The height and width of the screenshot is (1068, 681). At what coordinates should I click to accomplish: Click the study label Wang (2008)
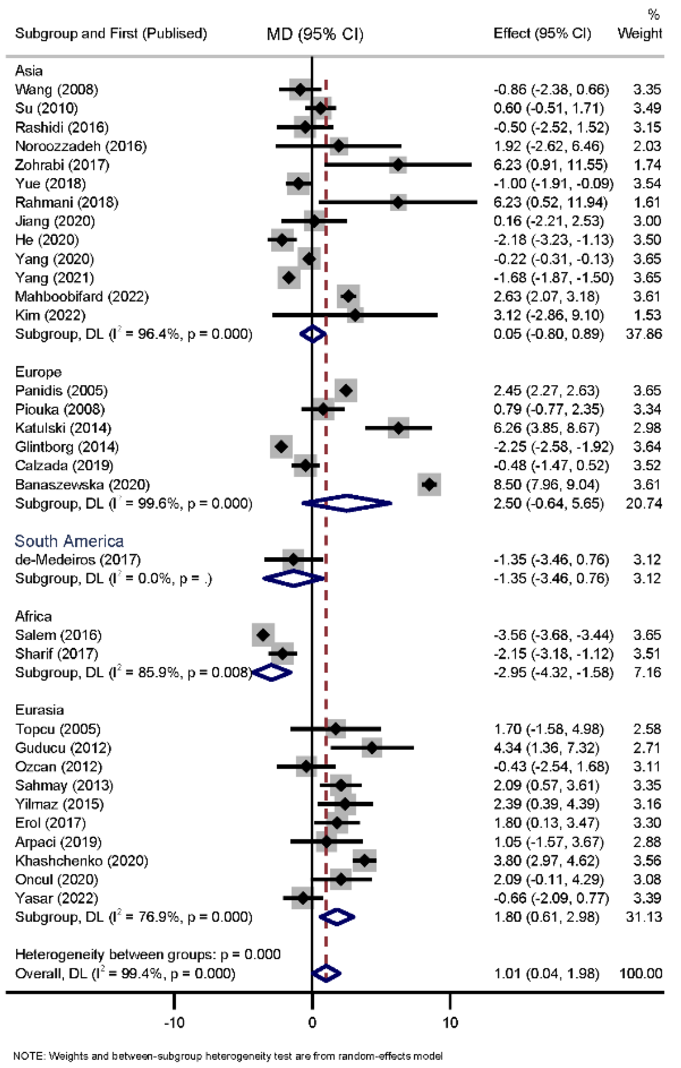(x=56, y=90)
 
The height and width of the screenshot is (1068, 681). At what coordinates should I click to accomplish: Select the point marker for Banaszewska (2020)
(x=429, y=484)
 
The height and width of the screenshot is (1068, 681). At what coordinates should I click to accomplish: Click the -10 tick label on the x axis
(x=174, y=1023)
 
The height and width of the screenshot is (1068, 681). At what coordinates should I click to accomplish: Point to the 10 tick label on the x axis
(x=450, y=1023)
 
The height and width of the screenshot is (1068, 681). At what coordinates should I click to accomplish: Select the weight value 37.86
(x=644, y=334)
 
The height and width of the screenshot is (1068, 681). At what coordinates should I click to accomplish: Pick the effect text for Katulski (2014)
(x=546, y=428)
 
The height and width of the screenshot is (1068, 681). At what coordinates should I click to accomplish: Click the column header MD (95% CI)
(x=315, y=34)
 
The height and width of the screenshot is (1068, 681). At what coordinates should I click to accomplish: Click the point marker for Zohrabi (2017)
(x=398, y=165)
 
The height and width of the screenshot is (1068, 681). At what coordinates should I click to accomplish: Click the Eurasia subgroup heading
(x=39, y=710)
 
